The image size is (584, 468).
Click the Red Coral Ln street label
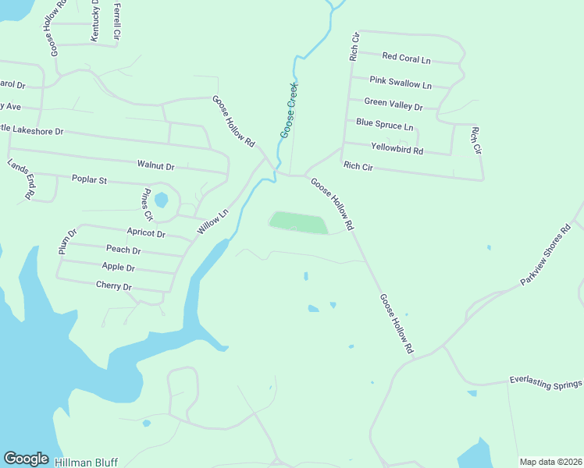click(x=406, y=58)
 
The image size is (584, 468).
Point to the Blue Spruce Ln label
click(x=384, y=125)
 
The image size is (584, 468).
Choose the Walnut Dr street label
click(x=155, y=165)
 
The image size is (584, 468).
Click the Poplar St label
click(x=89, y=180)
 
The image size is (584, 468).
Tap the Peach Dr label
click(x=123, y=250)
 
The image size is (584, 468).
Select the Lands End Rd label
click(x=20, y=179)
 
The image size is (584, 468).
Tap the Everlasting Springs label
click(x=546, y=383)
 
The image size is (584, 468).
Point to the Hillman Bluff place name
click(x=86, y=462)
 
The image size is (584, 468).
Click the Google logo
click(x=26, y=459)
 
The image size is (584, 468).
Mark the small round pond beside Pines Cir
click(x=161, y=200)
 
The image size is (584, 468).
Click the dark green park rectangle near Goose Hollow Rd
click(x=297, y=223)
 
